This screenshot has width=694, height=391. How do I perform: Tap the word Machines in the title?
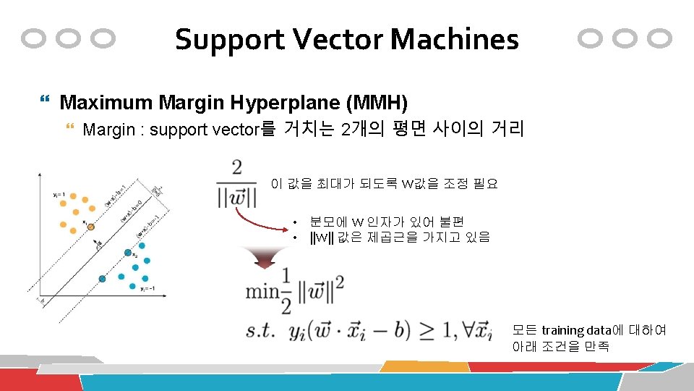455,40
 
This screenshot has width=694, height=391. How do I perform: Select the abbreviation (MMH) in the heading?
377,102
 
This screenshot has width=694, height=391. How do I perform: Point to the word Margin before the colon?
108,130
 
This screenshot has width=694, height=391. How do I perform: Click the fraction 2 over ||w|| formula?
236,184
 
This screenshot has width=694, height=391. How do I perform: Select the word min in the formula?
262,291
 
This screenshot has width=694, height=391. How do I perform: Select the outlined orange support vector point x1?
91,227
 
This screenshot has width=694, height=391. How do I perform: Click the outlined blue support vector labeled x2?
128,253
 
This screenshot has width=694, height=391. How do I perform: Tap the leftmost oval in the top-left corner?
35,38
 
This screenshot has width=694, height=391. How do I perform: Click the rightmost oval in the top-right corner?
659,38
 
